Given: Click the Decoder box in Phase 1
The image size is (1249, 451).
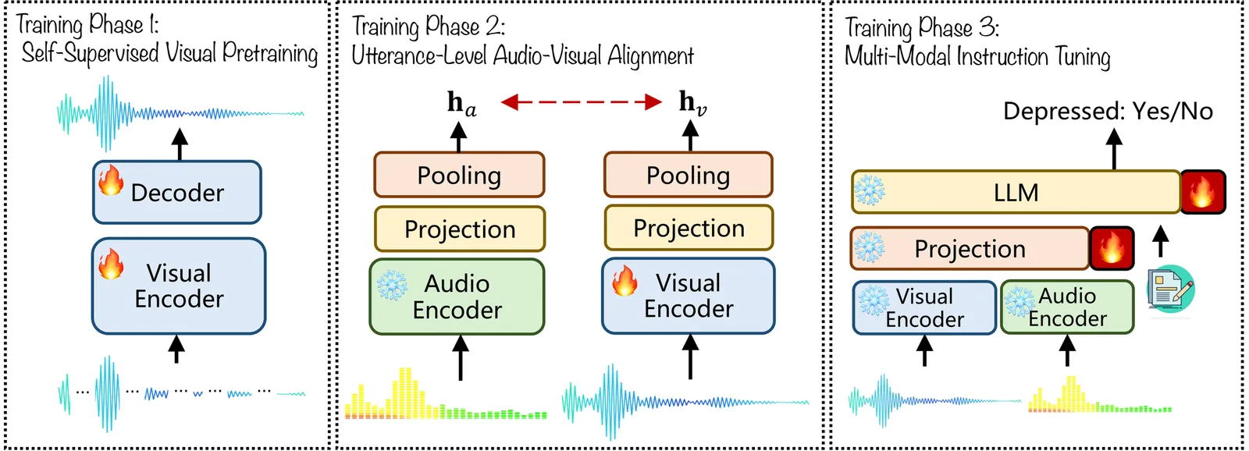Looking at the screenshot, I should click(177, 193).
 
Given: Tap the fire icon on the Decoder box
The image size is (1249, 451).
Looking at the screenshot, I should click(111, 180).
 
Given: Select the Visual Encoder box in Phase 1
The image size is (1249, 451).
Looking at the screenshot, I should click(179, 286).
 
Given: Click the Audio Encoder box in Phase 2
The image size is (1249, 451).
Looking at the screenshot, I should click(457, 297).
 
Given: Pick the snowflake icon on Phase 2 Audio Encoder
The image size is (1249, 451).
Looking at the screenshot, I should click(392, 286).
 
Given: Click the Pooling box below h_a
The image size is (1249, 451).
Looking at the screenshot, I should click(459, 175).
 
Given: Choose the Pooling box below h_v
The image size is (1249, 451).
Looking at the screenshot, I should click(688, 175).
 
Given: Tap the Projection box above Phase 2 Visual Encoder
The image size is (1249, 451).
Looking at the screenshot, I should click(689, 228).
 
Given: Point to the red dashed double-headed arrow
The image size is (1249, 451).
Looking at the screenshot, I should click(581, 102).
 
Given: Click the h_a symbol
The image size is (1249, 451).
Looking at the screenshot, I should click(461, 103).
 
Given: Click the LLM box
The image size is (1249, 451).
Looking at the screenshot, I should click(1016, 192).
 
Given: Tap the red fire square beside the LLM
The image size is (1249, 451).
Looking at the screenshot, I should click(1203, 192).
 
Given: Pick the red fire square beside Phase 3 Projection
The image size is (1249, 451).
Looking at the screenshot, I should click(1112, 248).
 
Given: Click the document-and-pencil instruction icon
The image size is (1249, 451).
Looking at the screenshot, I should click(1170, 289).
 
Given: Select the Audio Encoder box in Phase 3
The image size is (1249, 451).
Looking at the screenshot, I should click(1067, 307).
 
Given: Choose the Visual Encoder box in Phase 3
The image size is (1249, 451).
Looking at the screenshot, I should click(924, 307).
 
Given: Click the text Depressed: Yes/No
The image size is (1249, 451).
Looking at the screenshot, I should click(1108, 112).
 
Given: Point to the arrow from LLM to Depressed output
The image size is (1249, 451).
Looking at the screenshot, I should click(1114, 149).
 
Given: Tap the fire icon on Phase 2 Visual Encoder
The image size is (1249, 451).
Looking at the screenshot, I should click(624, 281).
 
